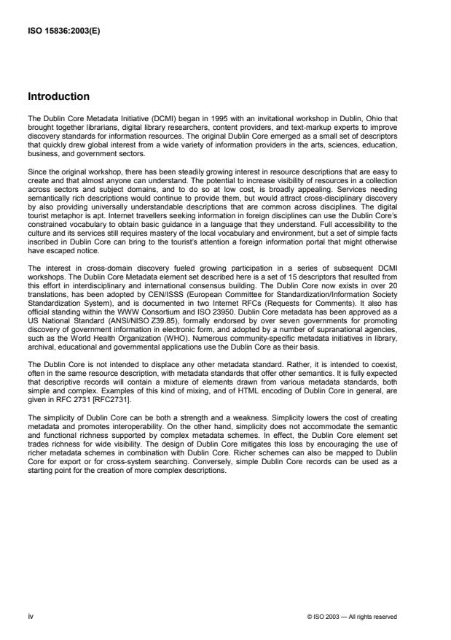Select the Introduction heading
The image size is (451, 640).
tap(58, 96)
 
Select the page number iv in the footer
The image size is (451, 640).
tap(30, 617)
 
